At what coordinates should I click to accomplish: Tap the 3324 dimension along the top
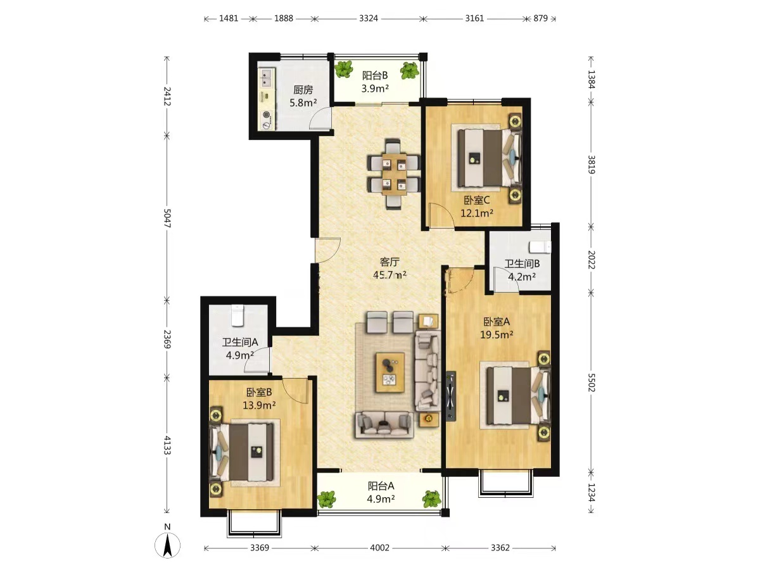pyautogui.click(x=368, y=18)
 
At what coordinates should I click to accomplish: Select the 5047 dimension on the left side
pyautogui.click(x=167, y=218)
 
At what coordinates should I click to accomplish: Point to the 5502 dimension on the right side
pyautogui.click(x=591, y=383)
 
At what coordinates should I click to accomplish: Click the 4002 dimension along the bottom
pyautogui.click(x=379, y=547)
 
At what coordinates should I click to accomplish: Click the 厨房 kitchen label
pyautogui.click(x=303, y=90)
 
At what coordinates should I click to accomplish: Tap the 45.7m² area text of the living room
pyautogui.click(x=389, y=275)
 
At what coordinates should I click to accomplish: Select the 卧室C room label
pyautogui.click(x=477, y=200)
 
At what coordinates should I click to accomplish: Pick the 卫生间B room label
pyautogui.click(x=522, y=263)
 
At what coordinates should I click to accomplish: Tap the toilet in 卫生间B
pyautogui.click(x=540, y=247)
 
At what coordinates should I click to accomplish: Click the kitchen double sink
pyautogui.click(x=267, y=78)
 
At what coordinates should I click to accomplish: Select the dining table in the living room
pyautogui.click(x=394, y=174)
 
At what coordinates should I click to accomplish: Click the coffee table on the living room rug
pyautogui.click(x=390, y=372)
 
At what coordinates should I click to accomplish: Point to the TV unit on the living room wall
pyautogui.click(x=450, y=396)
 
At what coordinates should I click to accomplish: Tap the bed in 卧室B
pyautogui.click(x=243, y=452)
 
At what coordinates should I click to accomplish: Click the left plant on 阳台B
pyautogui.click(x=344, y=69)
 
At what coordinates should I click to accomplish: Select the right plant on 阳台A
pyautogui.click(x=431, y=498)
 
